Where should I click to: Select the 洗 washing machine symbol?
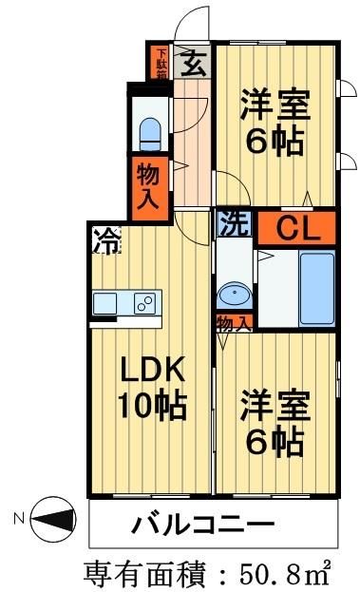233,226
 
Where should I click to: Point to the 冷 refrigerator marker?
105,240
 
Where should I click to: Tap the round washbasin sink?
234,293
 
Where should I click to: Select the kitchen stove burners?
145,304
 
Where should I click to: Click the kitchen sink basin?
106,304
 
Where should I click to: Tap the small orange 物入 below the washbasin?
234,324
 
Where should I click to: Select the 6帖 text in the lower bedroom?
275,440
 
